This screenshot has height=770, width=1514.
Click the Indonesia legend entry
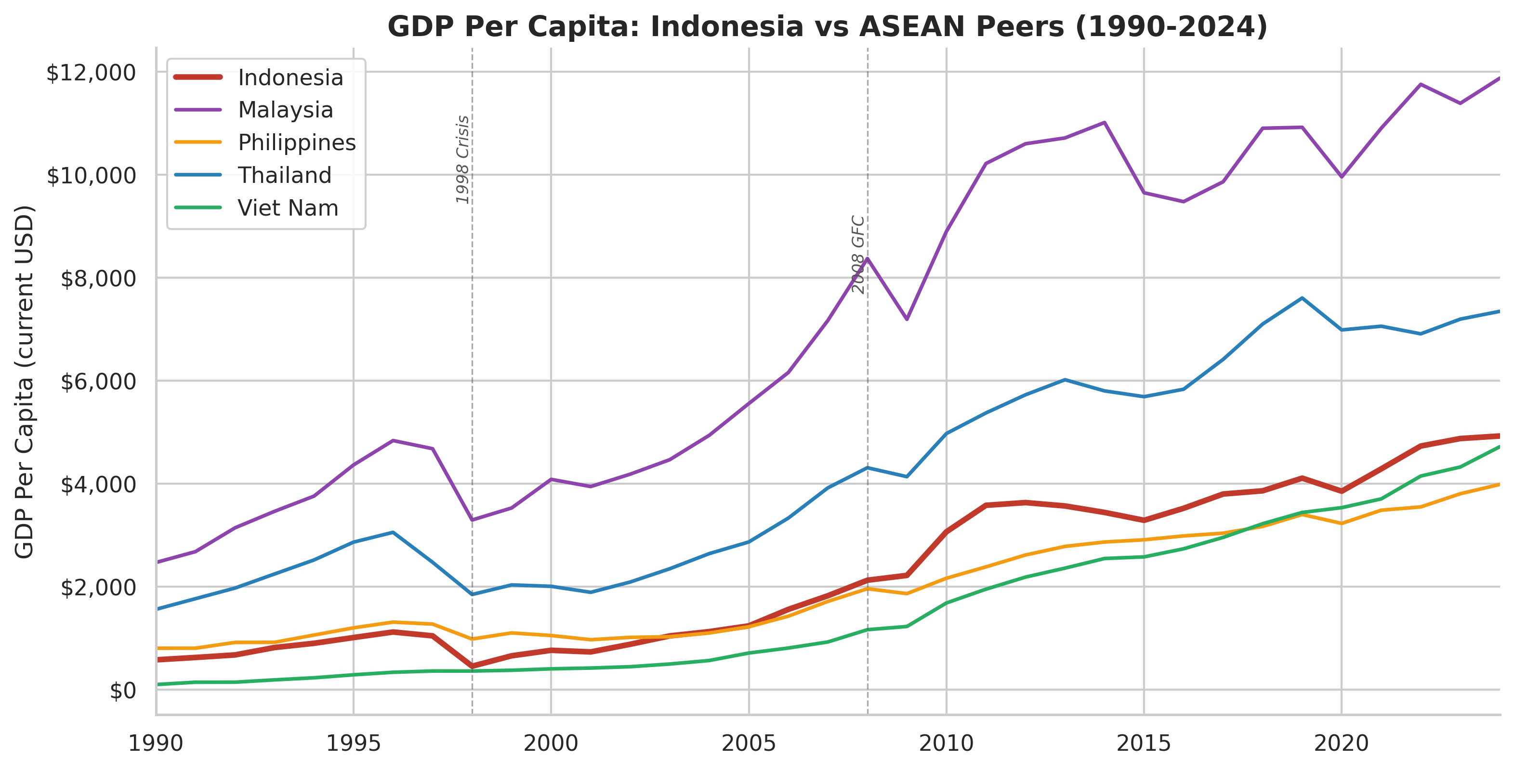[x=290, y=77]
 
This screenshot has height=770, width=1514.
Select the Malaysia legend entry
[x=285, y=110]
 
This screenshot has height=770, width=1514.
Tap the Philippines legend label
[x=296, y=143]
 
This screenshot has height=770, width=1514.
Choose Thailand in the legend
[x=285, y=175]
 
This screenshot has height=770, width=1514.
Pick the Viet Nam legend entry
[x=288, y=208]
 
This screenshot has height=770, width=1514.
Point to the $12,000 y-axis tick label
[x=91, y=73]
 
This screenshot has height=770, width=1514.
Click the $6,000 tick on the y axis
[x=98, y=382]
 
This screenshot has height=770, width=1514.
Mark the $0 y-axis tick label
[x=123, y=691]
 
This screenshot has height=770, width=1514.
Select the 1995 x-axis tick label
[x=353, y=744]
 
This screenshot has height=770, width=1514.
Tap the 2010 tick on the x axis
[x=946, y=744]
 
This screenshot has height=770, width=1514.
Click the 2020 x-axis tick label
[x=1341, y=744]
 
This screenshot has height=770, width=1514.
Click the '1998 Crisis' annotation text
[x=462, y=160]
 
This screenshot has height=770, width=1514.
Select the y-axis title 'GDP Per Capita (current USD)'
[x=25, y=382]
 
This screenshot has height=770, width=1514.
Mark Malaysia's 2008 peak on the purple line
[x=868, y=258]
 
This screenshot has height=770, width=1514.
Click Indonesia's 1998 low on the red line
[x=472, y=666]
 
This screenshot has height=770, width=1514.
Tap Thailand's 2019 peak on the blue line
[x=1302, y=298]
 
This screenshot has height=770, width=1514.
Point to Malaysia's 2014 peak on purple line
[x=1105, y=123]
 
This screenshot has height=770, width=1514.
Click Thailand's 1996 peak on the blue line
[x=393, y=533]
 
